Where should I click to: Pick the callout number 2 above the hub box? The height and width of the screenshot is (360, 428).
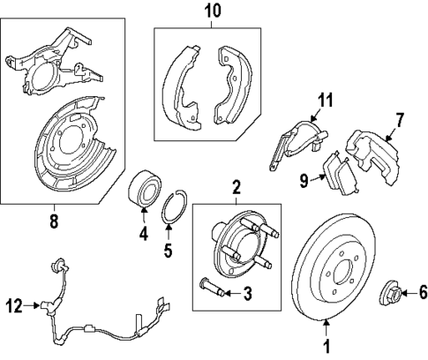pos(237,187)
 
